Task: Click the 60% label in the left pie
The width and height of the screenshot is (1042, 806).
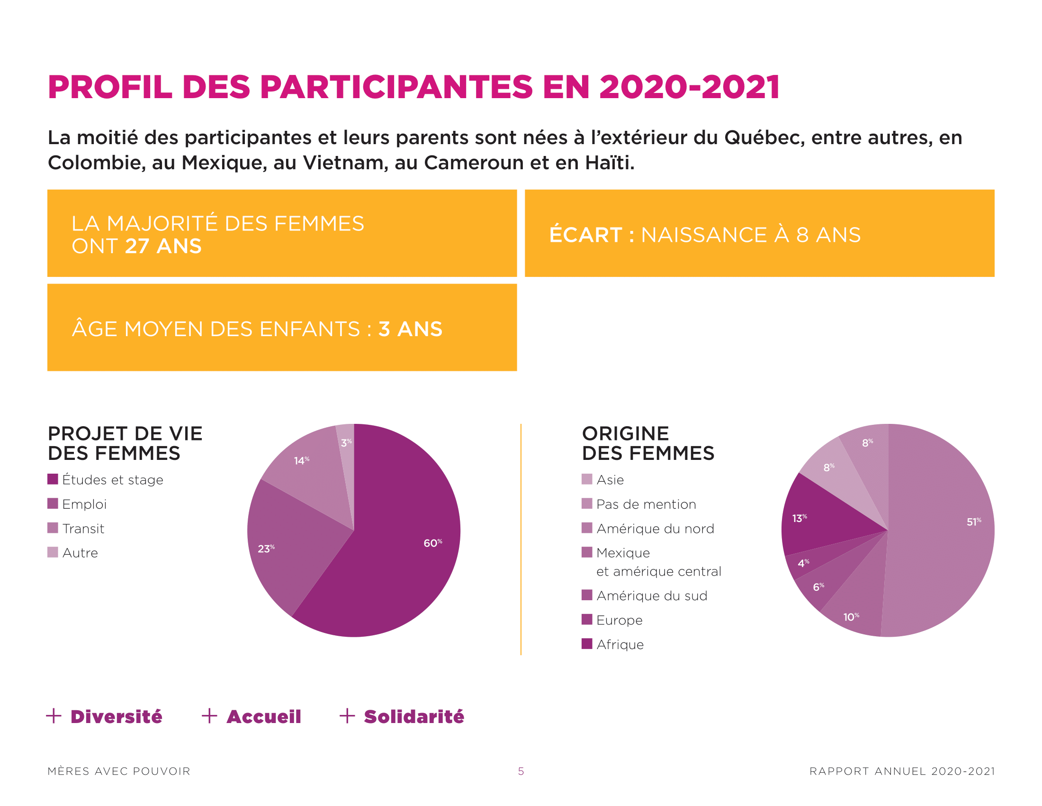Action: pyautogui.click(x=432, y=543)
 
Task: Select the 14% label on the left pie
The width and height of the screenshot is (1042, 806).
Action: pyautogui.click(x=301, y=460)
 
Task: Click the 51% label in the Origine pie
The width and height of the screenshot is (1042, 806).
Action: pyautogui.click(x=973, y=522)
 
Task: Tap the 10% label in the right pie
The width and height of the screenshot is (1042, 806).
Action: pyautogui.click(x=851, y=617)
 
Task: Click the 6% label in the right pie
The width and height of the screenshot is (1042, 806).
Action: pyautogui.click(x=818, y=586)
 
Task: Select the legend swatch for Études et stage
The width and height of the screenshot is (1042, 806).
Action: pyautogui.click(x=53, y=479)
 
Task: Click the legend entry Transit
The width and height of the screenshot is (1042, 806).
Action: pyautogui.click(x=83, y=529)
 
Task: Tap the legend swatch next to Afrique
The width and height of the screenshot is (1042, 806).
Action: pyautogui.click(x=587, y=644)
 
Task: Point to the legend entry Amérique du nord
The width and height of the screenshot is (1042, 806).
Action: pyautogui.click(x=655, y=529)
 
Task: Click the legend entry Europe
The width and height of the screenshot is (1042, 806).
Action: pyautogui.click(x=619, y=620)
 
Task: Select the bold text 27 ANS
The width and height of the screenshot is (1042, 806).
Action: pyautogui.click(x=163, y=247)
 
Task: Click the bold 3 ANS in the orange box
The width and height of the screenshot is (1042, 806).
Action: pyautogui.click(x=410, y=329)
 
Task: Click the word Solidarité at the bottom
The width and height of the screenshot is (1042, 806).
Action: pyautogui.click(x=413, y=716)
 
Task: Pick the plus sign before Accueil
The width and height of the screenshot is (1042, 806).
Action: pyautogui.click(x=209, y=716)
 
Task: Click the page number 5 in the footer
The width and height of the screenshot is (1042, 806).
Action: pyautogui.click(x=521, y=771)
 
